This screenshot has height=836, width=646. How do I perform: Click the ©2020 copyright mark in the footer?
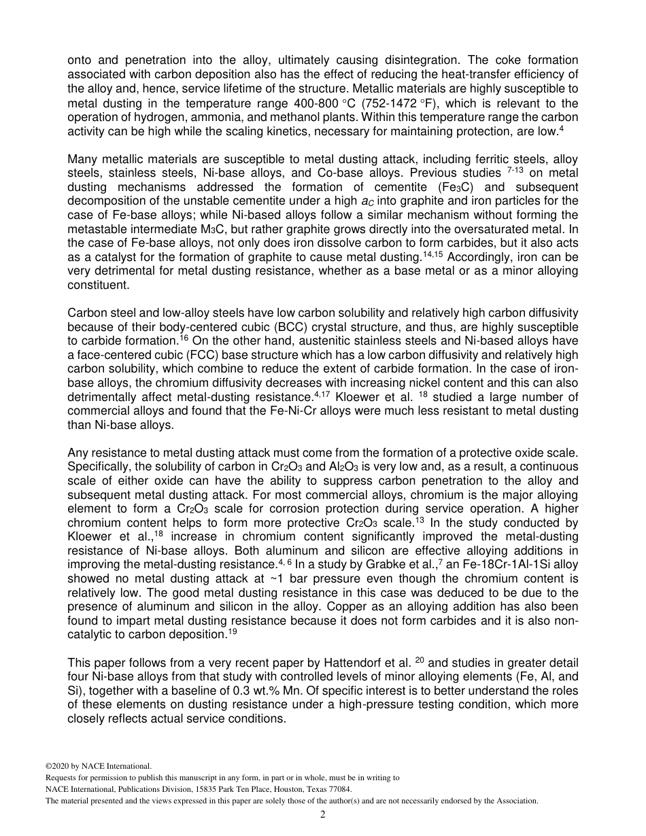click(x=61, y=766)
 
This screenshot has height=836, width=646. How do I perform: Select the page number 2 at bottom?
click(x=323, y=814)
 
